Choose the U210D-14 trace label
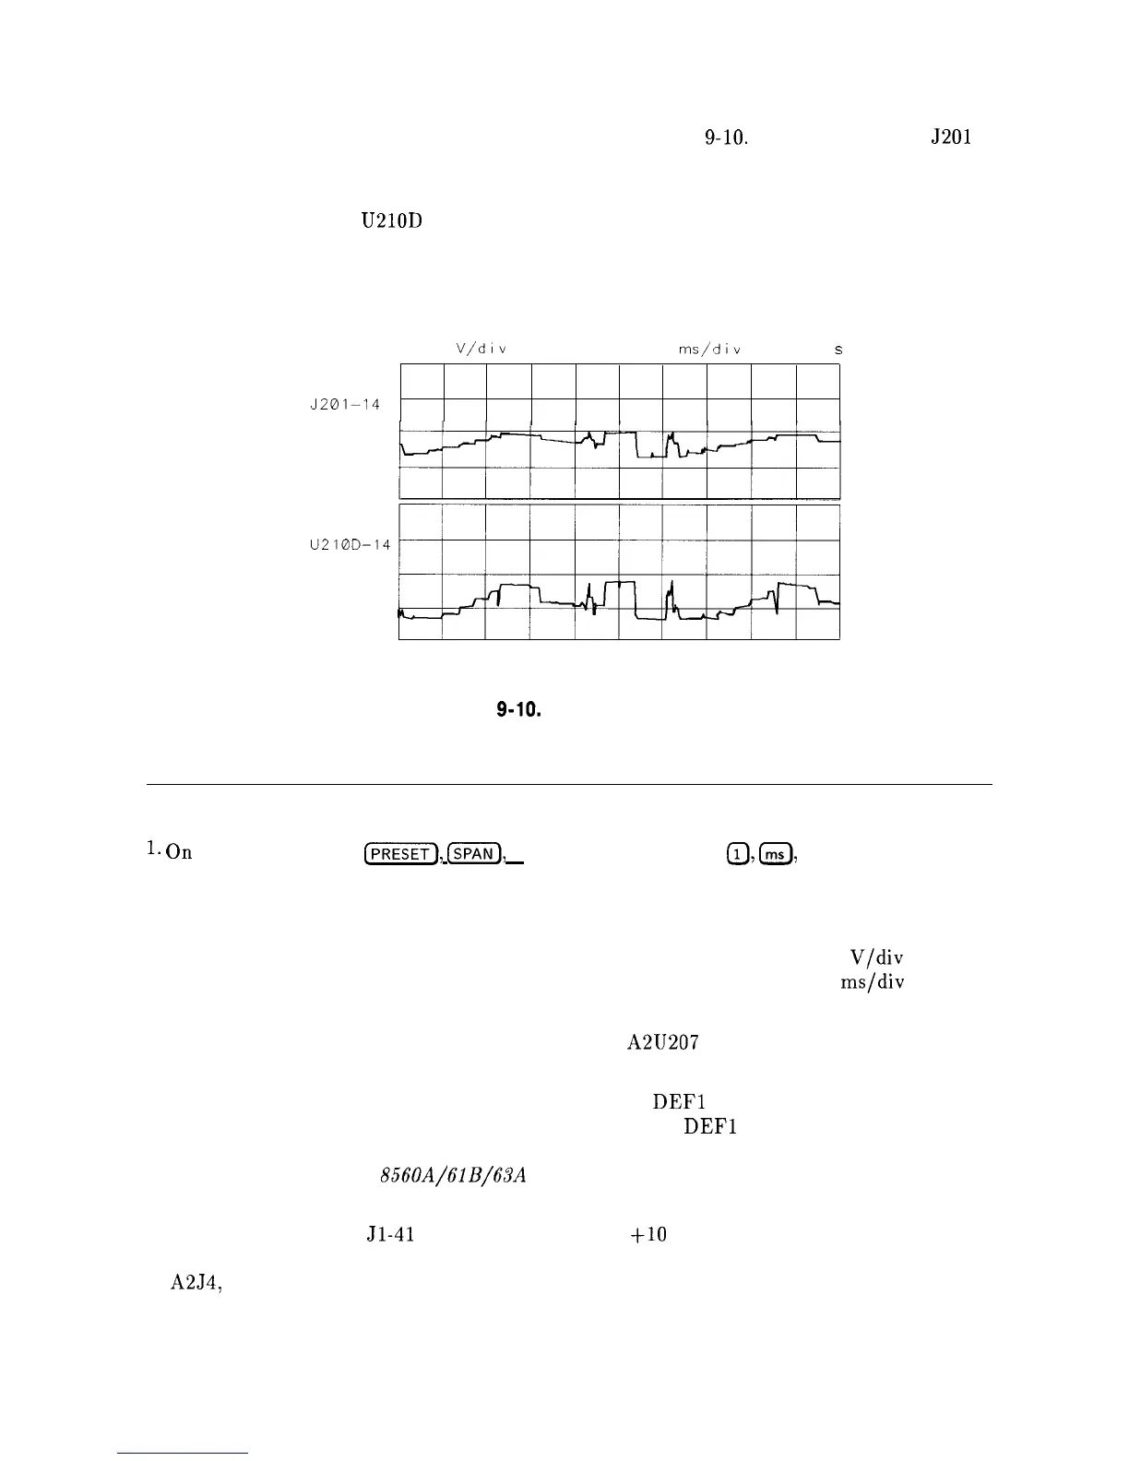pos(350,545)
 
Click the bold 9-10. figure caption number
pos(517,711)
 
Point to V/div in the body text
pos(870,957)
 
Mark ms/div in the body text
pos(872,982)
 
